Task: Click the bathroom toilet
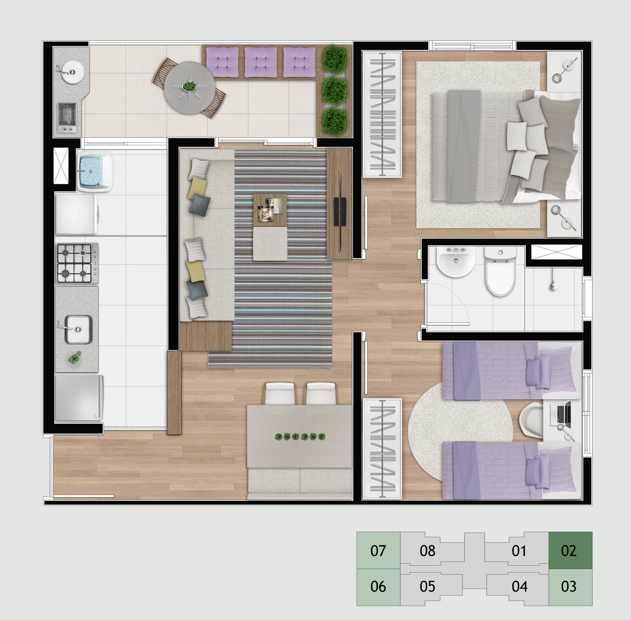pyautogui.click(x=500, y=271)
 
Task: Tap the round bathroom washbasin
pyautogui.click(x=456, y=261)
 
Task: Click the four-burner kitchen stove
pyautogui.click(x=77, y=263)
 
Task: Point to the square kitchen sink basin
pyautogui.click(x=78, y=329)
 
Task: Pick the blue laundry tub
pyautogui.click(x=95, y=171)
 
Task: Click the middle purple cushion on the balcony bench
pyautogui.click(x=261, y=62)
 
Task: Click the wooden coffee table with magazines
pyautogui.click(x=270, y=210)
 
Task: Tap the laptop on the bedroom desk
pyautogui.click(x=561, y=415)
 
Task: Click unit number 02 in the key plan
pyautogui.click(x=569, y=551)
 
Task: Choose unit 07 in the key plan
pyautogui.click(x=378, y=551)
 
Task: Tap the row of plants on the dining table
pyautogui.click(x=300, y=436)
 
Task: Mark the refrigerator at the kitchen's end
pyautogui.click(x=79, y=398)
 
